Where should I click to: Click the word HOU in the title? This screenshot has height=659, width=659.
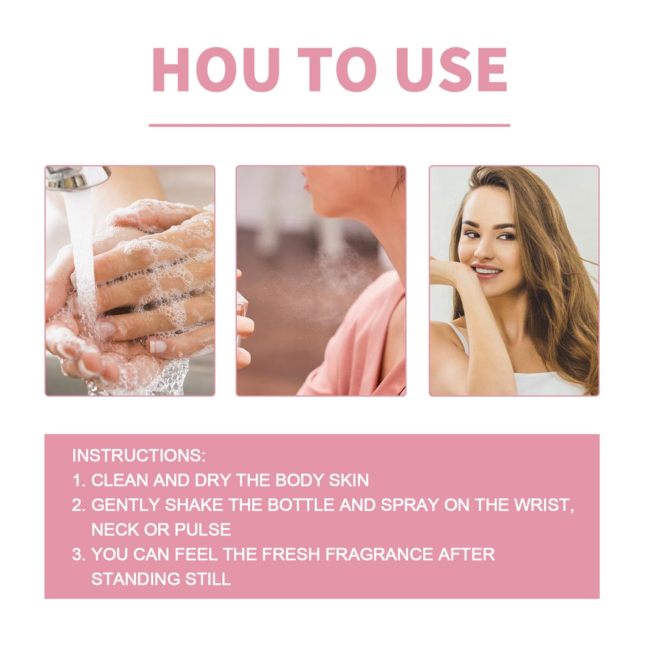click(x=216, y=70)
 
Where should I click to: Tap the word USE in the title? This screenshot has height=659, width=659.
click(x=451, y=70)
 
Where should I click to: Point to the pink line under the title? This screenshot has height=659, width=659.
click(x=329, y=125)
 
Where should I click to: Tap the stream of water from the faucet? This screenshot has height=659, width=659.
click(x=82, y=255)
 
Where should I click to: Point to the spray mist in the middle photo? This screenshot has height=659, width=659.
click(x=310, y=278)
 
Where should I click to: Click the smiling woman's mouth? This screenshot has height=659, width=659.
click(x=487, y=271)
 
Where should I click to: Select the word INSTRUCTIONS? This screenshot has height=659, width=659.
click(x=139, y=456)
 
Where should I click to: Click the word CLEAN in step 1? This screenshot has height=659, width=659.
click(x=121, y=480)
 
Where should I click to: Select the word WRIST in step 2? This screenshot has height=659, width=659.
click(x=543, y=505)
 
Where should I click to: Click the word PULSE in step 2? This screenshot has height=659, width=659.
click(x=203, y=529)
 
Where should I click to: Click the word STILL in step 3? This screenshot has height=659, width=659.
click(x=208, y=579)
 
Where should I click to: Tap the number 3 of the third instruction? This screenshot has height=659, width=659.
click(x=78, y=554)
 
